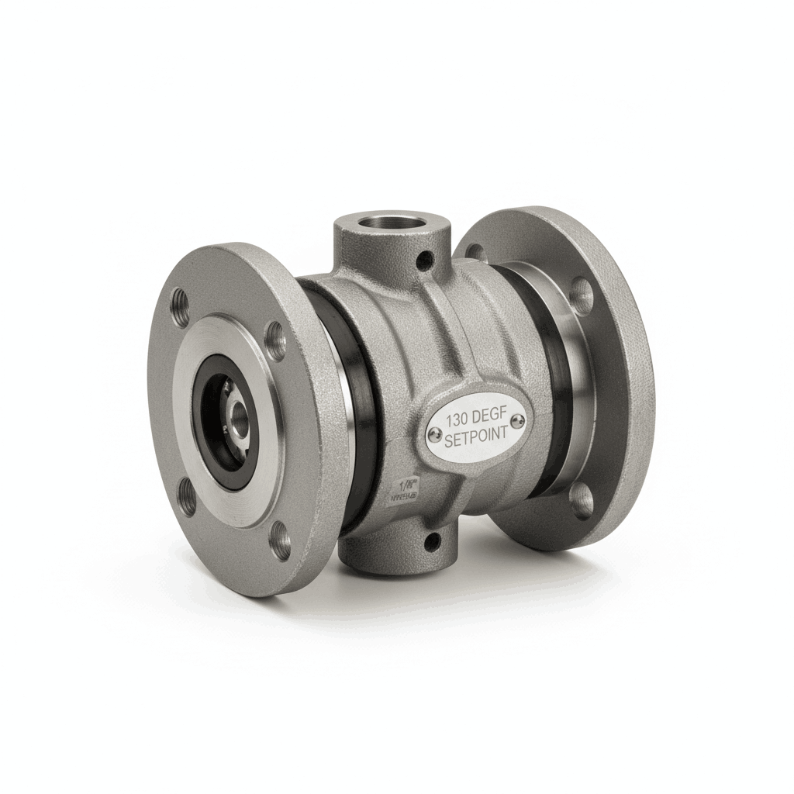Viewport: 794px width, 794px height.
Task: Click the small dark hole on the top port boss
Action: point(423,262)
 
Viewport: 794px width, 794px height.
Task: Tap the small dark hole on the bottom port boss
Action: point(432,540)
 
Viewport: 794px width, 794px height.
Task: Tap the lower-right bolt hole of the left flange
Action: point(281,540)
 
